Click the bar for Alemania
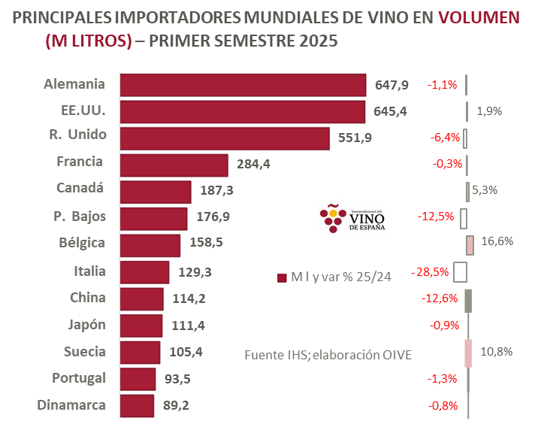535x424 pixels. click(x=243, y=85)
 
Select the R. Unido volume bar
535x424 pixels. click(x=225, y=138)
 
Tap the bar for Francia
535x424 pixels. click(x=174, y=165)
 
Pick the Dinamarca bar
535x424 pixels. click(x=137, y=405)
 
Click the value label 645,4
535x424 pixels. click(x=391, y=111)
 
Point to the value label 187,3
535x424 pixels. click(x=217, y=191)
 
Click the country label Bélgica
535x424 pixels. click(x=82, y=243)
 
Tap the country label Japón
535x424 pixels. click(x=87, y=325)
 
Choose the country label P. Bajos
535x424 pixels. click(x=80, y=217)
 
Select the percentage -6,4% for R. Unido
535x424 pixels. click(x=444, y=138)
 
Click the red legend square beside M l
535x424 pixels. click(x=282, y=277)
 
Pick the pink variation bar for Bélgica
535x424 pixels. click(x=470, y=245)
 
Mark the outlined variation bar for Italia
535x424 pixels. click(x=461, y=271)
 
